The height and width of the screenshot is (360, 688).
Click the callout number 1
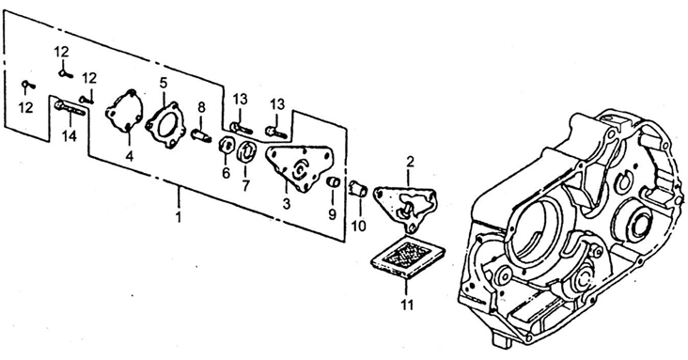coord(179,217)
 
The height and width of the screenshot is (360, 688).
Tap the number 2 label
coord(410,162)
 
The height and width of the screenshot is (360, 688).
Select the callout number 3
coord(287,204)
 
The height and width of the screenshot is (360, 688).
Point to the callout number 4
coord(130,156)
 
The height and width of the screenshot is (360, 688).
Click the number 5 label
coord(164,83)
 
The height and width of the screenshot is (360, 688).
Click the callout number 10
coord(358,226)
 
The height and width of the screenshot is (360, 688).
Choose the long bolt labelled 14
coord(70,108)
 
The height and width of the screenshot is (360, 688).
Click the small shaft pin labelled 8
coord(201,133)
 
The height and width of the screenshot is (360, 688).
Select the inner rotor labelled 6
coord(226,147)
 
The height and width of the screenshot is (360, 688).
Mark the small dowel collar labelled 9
coord(334,181)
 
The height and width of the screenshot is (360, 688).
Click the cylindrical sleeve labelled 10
coord(356,189)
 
